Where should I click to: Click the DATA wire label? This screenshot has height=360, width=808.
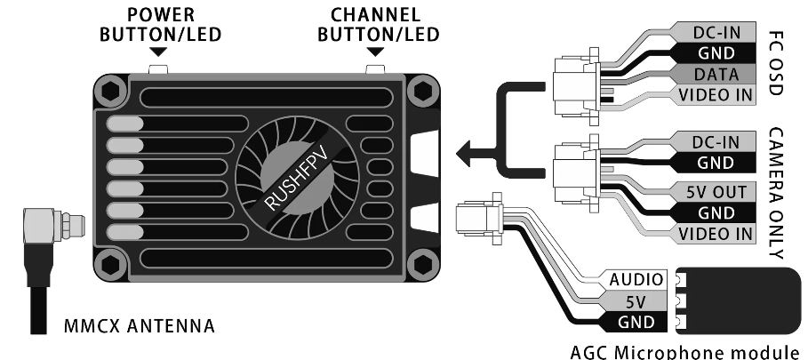coord(716,75)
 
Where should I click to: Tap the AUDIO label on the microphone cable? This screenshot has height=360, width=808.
coord(636,280)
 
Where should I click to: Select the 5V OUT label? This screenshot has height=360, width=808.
coord(716,192)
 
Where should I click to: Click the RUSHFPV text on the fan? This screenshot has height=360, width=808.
coord(296,179)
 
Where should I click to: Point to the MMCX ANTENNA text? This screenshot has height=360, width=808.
coord(140,326)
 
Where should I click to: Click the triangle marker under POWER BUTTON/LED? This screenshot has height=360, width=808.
coord(158,52)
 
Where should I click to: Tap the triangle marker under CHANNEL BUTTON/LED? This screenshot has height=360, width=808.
coord(376,52)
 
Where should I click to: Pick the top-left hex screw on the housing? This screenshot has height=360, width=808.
coord(111,92)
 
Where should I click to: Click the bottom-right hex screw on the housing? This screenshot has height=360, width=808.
coord(423,265)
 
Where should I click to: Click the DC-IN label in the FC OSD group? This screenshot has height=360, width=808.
coord(716,32)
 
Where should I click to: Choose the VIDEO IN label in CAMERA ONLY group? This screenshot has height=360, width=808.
coord(716,235)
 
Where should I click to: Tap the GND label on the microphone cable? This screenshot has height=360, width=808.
coord(636,323)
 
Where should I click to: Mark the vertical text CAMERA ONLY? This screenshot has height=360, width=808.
coord(776,193)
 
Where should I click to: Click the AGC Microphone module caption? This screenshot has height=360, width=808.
coord(688,352)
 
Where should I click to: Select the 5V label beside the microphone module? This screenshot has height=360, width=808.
coord(636,301)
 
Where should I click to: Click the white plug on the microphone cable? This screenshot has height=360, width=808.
coord(478,219)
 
